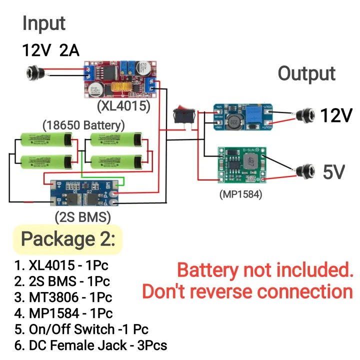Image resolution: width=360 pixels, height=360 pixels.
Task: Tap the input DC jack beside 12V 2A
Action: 35,73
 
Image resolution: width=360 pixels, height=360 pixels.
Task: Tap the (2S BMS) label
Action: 82,216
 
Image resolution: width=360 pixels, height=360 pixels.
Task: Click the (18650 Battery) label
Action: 83,124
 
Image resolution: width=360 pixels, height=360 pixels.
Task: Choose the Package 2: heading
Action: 67,239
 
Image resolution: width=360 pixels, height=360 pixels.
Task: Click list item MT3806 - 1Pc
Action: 63,297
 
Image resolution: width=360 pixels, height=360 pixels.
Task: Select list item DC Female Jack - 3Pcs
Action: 90,345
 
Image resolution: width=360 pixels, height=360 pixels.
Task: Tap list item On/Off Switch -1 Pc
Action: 81,329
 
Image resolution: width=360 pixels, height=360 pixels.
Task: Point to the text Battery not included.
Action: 265,270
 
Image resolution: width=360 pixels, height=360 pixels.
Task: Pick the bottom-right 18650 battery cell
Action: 117,161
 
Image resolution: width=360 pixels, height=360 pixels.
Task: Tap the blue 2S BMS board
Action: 85,192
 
